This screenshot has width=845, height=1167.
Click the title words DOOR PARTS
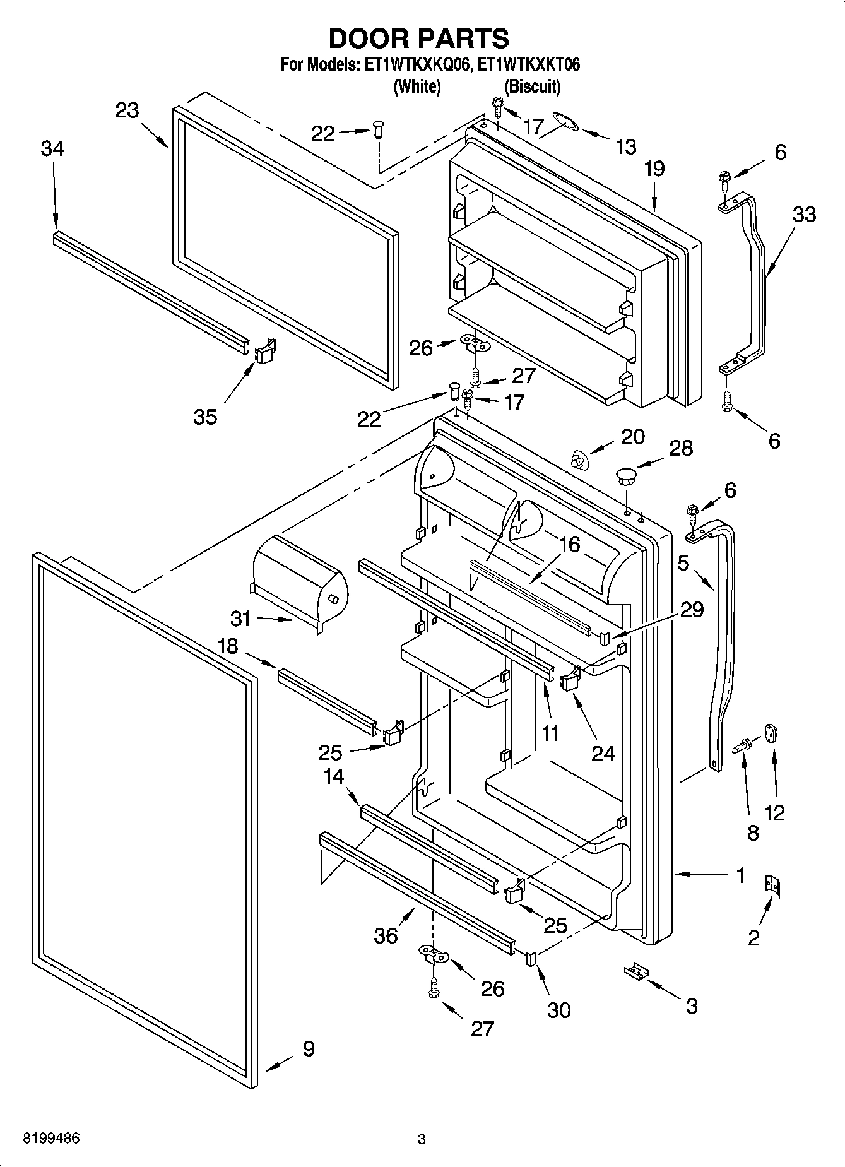click(419, 39)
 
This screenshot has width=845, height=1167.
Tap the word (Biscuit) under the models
click(532, 86)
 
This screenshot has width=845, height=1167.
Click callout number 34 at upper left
click(52, 150)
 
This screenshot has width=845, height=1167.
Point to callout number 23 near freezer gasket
click(127, 110)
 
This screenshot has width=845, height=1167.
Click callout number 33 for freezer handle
click(804, 215)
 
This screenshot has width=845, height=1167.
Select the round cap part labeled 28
click(627, 474)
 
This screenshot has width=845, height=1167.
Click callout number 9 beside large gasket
click(308, 1049)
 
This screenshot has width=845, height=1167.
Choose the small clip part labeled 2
click(772, 885)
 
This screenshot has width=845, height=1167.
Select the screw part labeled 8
click(742, 747)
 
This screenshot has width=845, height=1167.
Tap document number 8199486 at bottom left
click(52, 1139)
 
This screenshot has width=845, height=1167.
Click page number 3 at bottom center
click(422, 1139)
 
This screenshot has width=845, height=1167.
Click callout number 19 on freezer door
click(654, 169)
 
